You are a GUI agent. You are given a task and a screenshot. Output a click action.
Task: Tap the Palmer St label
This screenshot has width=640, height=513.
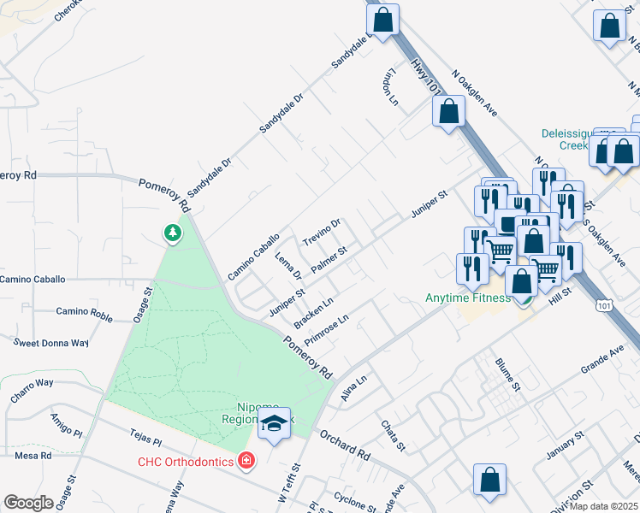tap(328, 260)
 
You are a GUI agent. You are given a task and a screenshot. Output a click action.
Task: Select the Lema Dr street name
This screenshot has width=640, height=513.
tap(287, 266)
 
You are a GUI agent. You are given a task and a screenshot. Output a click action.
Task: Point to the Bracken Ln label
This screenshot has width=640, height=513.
tap(312, 314)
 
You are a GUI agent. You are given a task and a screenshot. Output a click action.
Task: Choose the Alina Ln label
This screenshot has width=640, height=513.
tap(353, 386)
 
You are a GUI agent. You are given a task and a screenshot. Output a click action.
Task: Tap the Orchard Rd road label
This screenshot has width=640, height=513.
tap(345, 445)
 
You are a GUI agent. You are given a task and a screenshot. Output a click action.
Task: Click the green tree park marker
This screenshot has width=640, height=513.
tap(173, 233)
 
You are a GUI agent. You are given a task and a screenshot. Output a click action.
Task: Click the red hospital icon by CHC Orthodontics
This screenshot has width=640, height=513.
tap(246, 462)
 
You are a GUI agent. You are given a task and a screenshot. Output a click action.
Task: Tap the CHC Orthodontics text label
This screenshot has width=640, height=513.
tap(186, 463)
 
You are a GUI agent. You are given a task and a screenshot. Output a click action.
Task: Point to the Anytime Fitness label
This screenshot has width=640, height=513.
tap(468, 298)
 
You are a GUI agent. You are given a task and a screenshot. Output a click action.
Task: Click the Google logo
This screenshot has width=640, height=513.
tap(28, 502)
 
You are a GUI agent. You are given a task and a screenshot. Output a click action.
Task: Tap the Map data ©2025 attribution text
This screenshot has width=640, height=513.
tap(604, 506)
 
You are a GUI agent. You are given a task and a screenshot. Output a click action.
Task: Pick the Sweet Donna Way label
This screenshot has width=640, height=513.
tap(51, 343)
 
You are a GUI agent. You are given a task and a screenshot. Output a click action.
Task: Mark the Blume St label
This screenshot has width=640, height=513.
tap(507, 374)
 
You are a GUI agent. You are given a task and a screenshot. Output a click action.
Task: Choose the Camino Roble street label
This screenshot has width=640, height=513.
tap(84, 314)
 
